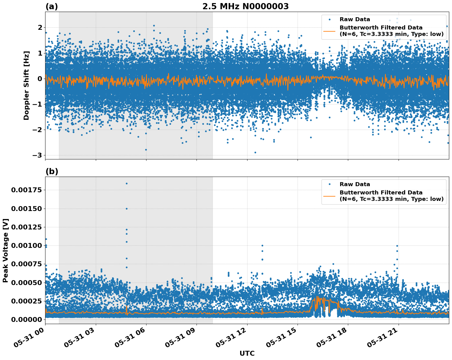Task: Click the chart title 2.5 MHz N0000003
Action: tap(245, 6)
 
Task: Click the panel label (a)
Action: tap(52, 6)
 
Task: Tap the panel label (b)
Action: tap(52, 171)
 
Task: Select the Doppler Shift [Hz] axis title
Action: tap(26, 85)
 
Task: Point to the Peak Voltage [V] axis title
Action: tap(5, 250)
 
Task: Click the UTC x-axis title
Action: tap(247, 353)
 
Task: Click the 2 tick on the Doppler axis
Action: tap(40, 28)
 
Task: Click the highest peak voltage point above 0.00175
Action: tap(127, 183)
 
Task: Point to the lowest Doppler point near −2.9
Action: tap(255, 152)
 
